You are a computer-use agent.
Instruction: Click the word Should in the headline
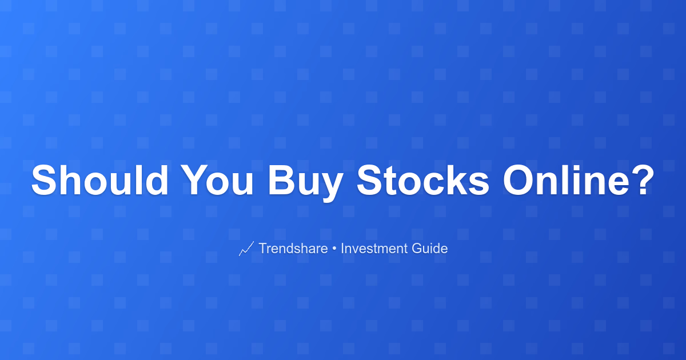pos(100,180)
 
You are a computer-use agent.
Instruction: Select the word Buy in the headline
pos(306,183)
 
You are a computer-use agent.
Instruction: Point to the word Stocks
pos(423,180)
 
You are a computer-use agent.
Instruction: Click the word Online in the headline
pos(565,180)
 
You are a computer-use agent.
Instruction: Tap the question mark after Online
pos(642,180)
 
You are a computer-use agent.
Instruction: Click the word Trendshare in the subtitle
pos(293,248)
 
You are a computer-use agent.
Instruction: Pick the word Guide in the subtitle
pos(430,248)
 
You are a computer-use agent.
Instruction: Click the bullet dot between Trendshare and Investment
pos(334,249)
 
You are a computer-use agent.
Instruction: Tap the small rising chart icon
pos(246,249)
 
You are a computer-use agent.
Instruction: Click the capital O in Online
pos(519,180)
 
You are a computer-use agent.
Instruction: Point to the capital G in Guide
pos(417,248)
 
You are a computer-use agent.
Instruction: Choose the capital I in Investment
pos(342,248)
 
